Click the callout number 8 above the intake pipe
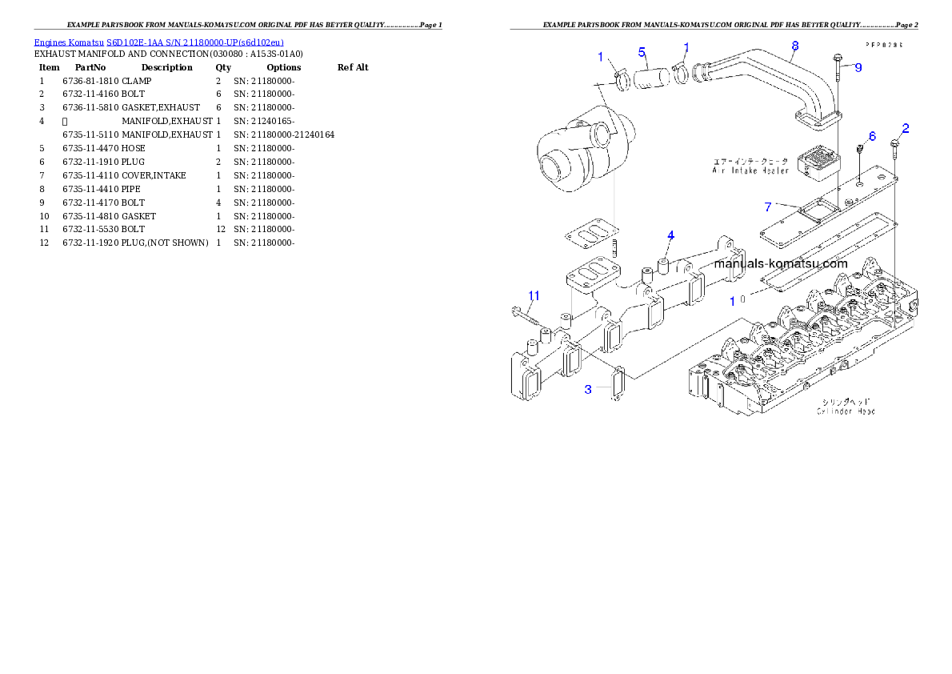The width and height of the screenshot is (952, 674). click(x=794, y=46)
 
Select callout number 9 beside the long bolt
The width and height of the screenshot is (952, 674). click(x=858, y=68)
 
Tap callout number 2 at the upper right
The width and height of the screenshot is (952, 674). click(x=906, y=128)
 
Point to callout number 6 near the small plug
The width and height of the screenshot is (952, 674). click(x=872, y=136)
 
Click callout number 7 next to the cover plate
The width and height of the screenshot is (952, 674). click(x=768, y=207)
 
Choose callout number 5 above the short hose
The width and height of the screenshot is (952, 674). click(x=642, y=53)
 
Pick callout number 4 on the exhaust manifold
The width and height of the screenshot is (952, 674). click(x=670, y=235)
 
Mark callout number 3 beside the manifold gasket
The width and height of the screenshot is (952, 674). click(x=588, y=389)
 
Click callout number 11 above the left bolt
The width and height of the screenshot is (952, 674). click(x=534, y=296)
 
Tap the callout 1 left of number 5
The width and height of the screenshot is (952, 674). click(x=600, y=57)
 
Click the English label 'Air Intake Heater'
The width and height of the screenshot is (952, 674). click(x=750, y=171)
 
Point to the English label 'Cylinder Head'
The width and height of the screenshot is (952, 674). click(x=845, y=411)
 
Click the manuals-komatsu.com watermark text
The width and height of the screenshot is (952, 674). click(x=780, y=263)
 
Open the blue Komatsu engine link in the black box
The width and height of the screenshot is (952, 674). click(x=158, y=42)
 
